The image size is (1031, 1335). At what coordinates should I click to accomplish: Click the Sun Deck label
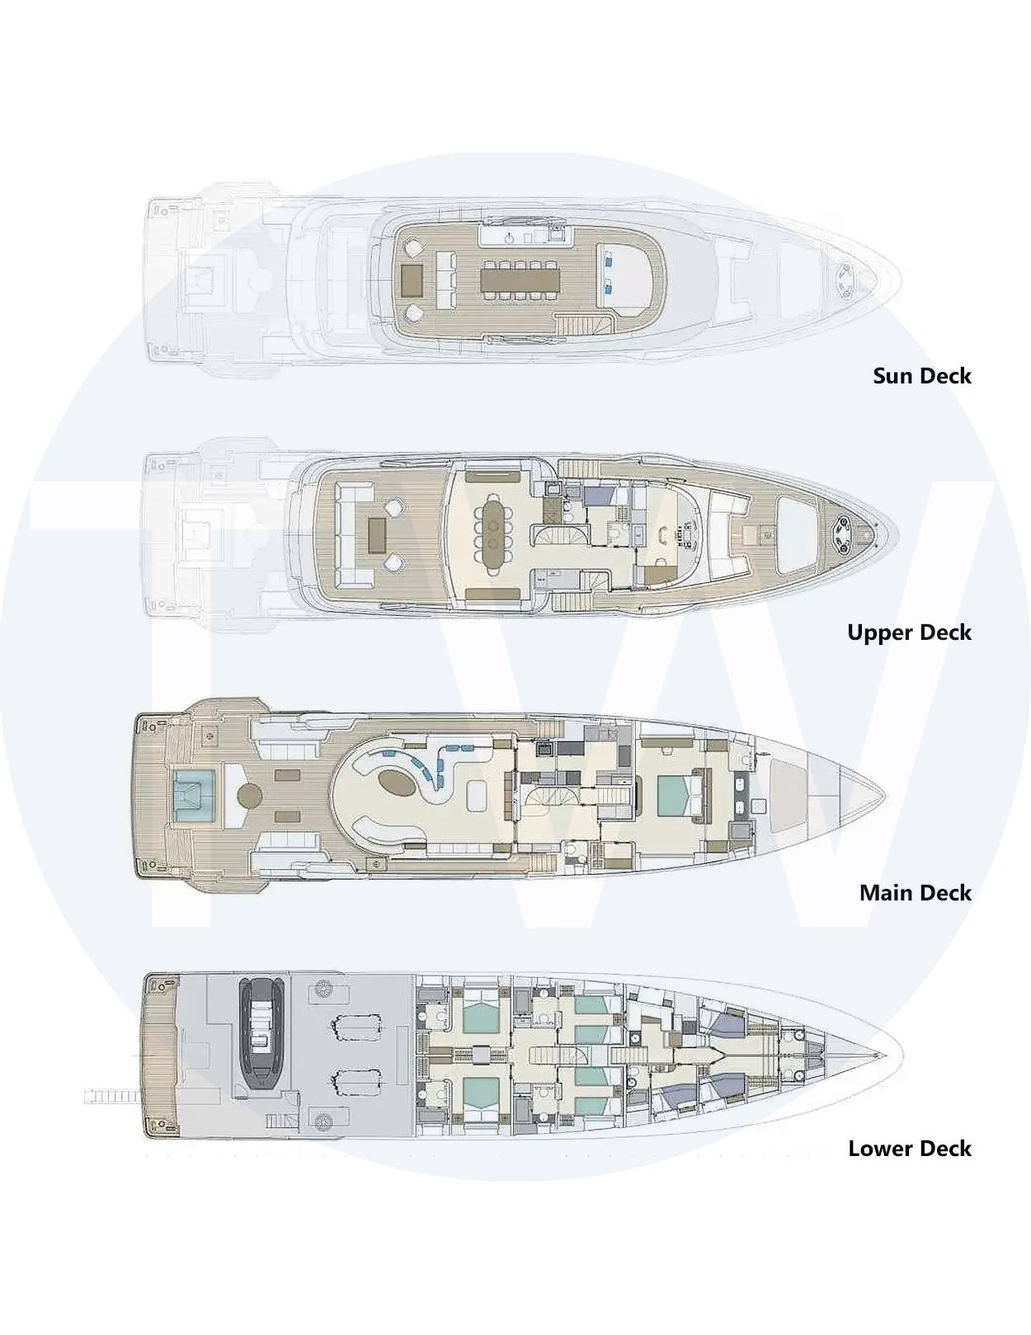pyautogui.click(x=921, y=376)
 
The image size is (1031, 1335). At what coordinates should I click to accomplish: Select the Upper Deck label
pyautogui.click(x=910, y=632)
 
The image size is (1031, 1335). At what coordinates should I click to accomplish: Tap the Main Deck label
pyautogui.click(x=916, y=893)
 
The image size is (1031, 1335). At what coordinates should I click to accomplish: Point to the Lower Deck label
pyautogui.click(x=910, y=1149)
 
